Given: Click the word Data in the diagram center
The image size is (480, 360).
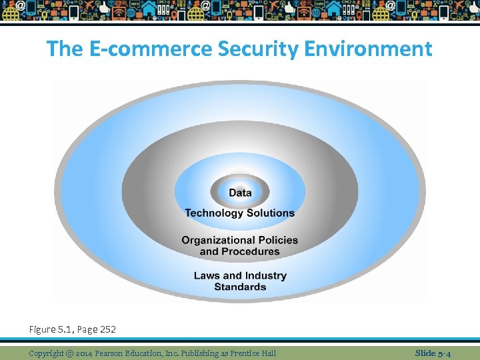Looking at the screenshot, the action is coord(240,193).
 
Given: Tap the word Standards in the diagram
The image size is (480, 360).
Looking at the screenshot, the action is coord(240,287).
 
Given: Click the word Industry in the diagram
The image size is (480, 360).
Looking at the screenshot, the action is coord(265,276).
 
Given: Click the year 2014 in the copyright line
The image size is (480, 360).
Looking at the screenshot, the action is coord(85,353).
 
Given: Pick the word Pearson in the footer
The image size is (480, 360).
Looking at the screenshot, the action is coord(117,353).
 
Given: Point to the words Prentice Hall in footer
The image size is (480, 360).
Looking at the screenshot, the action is coord(254,353).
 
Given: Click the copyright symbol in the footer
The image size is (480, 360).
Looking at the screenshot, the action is coord(69,353).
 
